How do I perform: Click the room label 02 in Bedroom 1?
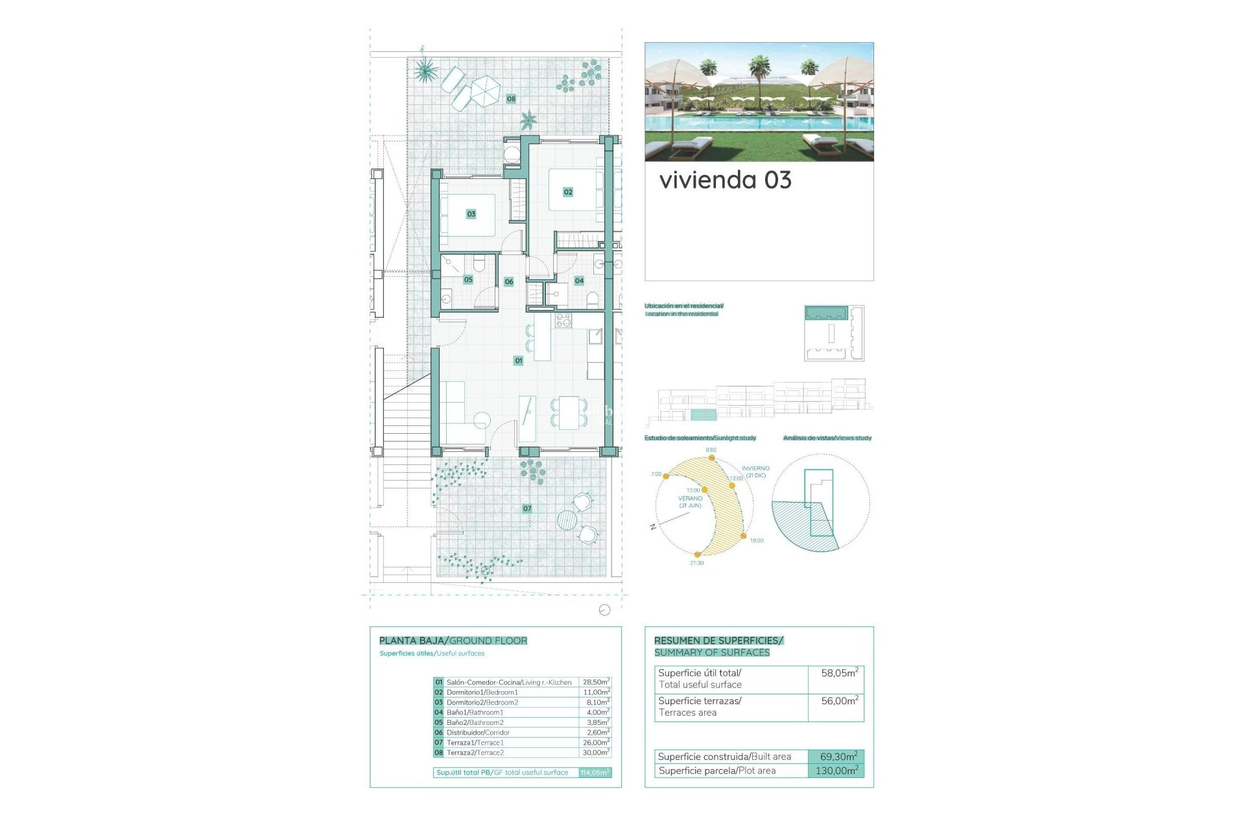point(568,192)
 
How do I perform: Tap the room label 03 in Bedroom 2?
point(471,214)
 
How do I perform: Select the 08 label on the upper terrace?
point(511,99)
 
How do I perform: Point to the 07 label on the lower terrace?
point(527,509)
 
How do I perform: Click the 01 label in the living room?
point(518,361)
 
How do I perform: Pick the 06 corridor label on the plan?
point(509,282)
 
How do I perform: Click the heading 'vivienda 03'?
point(725,180)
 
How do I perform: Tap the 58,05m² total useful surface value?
point(839,673)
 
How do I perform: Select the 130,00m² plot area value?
point(836,771)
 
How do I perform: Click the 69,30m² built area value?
point(838,757)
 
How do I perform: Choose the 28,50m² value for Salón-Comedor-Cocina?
point(596,682)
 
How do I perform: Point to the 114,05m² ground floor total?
point(595,773)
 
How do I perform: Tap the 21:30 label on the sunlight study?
point(696,563)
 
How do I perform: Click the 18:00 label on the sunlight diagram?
point(757,540)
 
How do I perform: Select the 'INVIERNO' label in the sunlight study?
point(755,468)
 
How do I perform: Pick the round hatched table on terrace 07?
point(567,519)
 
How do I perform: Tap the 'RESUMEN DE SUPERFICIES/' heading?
point(718,641)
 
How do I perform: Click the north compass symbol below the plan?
point(604,610)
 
